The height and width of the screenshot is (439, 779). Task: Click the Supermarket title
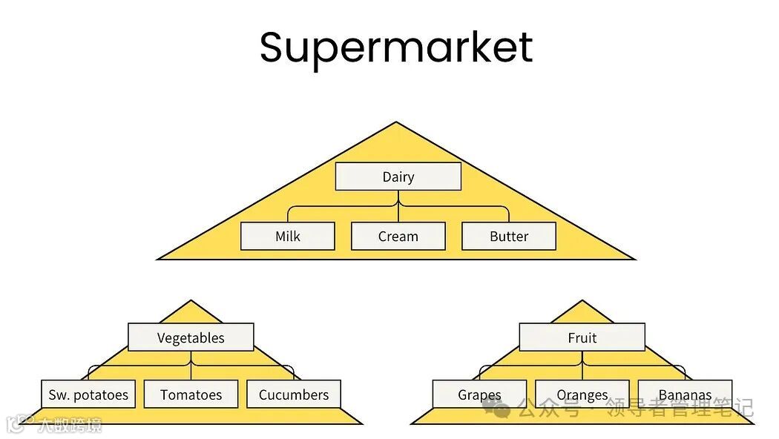point(396,47)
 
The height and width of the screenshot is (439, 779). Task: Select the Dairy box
point(398,176)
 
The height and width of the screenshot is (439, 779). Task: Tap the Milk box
point(288,237)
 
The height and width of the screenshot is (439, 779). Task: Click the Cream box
point(398,237)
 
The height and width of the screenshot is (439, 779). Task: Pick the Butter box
point(509,237)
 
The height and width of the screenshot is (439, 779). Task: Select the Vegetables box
point(191,337)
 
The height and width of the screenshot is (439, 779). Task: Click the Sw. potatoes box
point(88,395)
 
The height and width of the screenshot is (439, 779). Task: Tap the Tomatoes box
point(191,395)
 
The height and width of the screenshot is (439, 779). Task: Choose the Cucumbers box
point(294,395)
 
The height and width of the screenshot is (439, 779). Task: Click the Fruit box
point(582,337)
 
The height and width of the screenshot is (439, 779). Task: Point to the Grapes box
point(479,395)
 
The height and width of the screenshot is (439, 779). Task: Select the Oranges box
point(582,395)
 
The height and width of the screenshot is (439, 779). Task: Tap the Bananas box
point(685,395)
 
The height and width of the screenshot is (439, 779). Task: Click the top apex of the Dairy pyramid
point(397,123)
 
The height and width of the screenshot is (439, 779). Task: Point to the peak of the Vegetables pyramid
point(191,301)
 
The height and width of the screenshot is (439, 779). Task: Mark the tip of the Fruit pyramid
point(582,301)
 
